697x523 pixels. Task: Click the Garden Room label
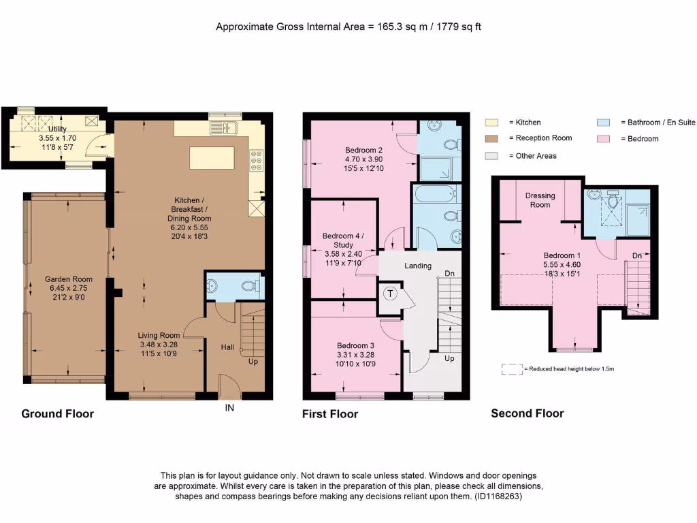click(x=68, y=279)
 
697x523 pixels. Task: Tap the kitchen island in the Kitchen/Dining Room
click(x=212, y=157)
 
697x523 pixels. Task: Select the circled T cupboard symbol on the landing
click(x=390, y=294)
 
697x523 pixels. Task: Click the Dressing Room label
click(x=540, y=200)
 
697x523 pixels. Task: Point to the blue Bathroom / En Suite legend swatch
click(x=604, y=123)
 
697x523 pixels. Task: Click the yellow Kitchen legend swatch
click(x=492, y=123)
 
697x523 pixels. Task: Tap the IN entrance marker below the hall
click(x=229, y=409)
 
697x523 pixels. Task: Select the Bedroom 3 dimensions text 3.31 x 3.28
click(x=355, y=354)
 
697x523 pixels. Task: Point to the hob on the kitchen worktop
click(x=257, y=161)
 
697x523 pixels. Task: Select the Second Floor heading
click(x=527, y=413)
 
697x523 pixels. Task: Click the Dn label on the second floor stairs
click(x=637, y=255)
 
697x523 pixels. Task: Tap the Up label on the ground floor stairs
click(x=253, y=362)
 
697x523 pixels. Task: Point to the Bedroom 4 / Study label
click(x=343, y=240)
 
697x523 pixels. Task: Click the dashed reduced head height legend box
click(x=511, y=369)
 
